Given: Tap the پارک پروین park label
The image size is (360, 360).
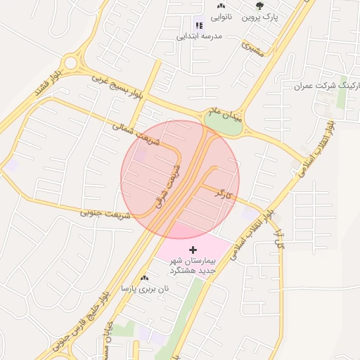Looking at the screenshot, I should [261, 16].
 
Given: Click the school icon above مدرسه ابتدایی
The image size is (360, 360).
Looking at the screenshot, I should [200, 25].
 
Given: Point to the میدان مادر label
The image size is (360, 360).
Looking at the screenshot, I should [224, 113].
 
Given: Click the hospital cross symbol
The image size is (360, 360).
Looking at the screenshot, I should [193, 250].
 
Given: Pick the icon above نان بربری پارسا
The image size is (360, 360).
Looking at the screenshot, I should [145, 278].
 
